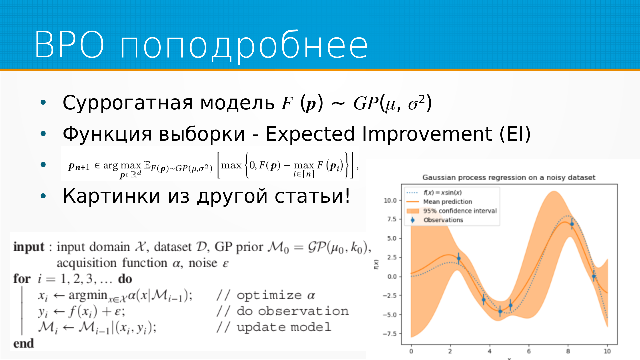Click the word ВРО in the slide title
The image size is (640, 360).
[70, 45]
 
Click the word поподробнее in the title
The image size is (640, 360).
[244, 47]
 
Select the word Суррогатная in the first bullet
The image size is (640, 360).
[128, 103]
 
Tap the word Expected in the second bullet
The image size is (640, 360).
[310, 134]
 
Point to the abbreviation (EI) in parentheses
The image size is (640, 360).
[515, 134]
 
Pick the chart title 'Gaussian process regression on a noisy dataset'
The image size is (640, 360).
[509, 177]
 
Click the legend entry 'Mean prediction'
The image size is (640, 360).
[447, 202]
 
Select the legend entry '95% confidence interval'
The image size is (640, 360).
[460, 211]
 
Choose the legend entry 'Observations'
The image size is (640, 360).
[443, 220]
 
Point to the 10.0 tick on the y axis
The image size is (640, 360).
[390, 200]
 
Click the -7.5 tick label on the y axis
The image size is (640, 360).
[389, 334]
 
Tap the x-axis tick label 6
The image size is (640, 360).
[529, 351]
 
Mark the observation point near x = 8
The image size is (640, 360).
[572, 224]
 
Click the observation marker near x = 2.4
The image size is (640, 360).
[459, 258]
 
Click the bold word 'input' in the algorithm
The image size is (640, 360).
[29, 247]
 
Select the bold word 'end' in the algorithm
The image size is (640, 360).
[24, 343]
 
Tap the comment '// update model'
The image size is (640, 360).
[274, 327]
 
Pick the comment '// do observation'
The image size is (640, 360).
[283, 311]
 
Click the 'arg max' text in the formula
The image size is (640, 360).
[122, 165]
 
